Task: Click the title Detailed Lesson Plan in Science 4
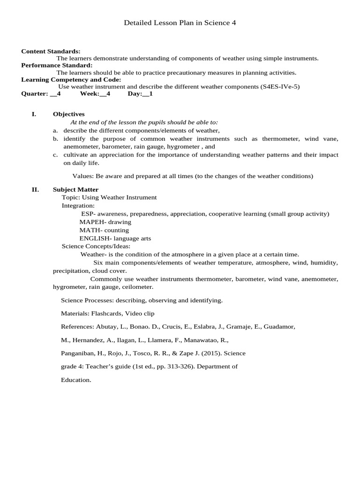coord(180,22)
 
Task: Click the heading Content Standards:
coord(51,51)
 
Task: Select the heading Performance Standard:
coord(57,65)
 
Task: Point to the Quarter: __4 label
coord(41,94)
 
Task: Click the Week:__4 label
coord(95,94)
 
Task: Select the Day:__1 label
coord(140,94)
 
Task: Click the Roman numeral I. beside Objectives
coord(34,114)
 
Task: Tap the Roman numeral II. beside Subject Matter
coord(35,189)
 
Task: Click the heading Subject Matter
coord(75,189)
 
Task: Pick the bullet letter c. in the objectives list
coord(55,155)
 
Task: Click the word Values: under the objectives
coord(83,176)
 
